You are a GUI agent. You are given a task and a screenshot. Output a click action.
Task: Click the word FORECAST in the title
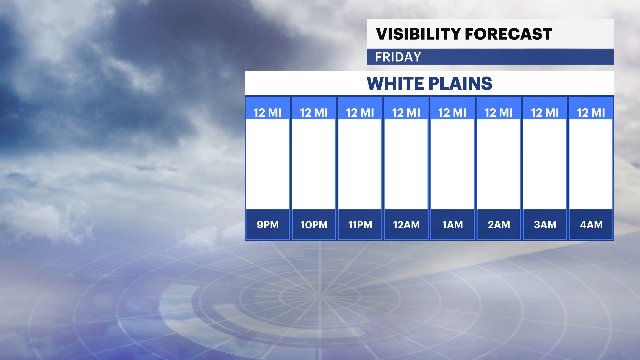(x=508, y=34)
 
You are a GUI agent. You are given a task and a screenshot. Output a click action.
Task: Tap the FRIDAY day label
(x=398, y=57)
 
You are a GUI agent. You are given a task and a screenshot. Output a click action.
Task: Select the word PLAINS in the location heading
(x=460, y=83)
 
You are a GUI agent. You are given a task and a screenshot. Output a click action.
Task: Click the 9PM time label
(x=268, y=225)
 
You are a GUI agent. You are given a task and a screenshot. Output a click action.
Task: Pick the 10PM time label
(x=314, y=225)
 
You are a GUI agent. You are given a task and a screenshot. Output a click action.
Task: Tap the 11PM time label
(x=360, y=225)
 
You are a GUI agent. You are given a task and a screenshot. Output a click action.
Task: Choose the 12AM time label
(x=406, y=225)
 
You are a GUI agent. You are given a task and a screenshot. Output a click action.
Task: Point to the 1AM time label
(x=453, y=225)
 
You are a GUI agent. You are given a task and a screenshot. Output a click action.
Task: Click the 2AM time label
(x=499, y=225)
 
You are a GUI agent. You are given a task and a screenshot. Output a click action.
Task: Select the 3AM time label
(x=545, y=225)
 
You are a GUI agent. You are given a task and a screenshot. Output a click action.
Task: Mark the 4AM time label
(x=591, y=225)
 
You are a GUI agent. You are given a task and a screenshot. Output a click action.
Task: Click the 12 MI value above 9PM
(x=268, y=113)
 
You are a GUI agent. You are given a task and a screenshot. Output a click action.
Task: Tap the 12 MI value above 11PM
(x=360, y=113)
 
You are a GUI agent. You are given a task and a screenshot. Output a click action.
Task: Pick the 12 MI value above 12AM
(x=406, y=113)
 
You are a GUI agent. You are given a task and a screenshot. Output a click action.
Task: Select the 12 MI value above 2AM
(x=499, y=113)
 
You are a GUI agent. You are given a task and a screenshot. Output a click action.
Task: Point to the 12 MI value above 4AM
(x=591, y=113)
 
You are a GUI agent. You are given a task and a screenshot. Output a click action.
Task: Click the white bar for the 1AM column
(x=453, y=164)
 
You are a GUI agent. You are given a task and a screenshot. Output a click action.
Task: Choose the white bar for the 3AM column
(x=545, y=164)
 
